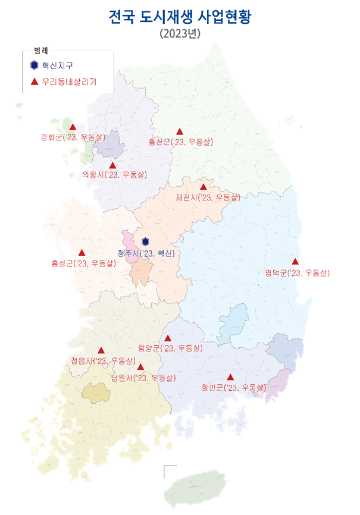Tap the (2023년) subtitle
[x=180, y=34]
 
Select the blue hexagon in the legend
[x=35, y=65]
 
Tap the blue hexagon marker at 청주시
[x=146, y=241]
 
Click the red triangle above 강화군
[x=73, y=127]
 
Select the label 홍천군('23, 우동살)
[x=180, y=142]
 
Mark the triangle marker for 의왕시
[x=112, y=165]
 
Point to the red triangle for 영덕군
[x=295, y=262]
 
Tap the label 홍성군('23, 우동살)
[x=84, y=263]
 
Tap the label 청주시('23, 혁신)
[x=147, y=253]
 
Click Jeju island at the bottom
[x=195, y=487]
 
